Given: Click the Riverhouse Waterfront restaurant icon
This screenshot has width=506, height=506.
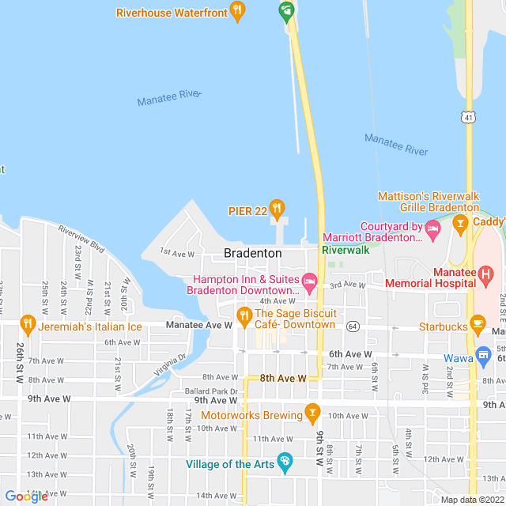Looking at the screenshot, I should [x=236, y=11].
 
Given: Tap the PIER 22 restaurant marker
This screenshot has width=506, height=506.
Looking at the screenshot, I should [x=276, y=210].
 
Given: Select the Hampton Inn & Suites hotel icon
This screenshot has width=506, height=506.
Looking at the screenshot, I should [x=310, y=280].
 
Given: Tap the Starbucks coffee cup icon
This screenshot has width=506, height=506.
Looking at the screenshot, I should [x=477, y=323].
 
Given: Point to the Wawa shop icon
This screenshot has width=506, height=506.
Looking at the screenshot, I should [x=483, y=353].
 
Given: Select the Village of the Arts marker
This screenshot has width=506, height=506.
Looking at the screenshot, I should [x=285, y=463].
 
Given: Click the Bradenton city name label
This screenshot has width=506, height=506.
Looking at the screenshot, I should [x=252, y=253].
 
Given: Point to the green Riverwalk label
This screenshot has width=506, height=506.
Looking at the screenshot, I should [x=346, y=250].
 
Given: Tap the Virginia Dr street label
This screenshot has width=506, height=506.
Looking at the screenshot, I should [x=170, y=363].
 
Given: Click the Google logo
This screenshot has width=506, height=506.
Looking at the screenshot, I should [x=26, y=497].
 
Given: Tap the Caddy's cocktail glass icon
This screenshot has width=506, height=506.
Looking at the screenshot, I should [x=459, y=226].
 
